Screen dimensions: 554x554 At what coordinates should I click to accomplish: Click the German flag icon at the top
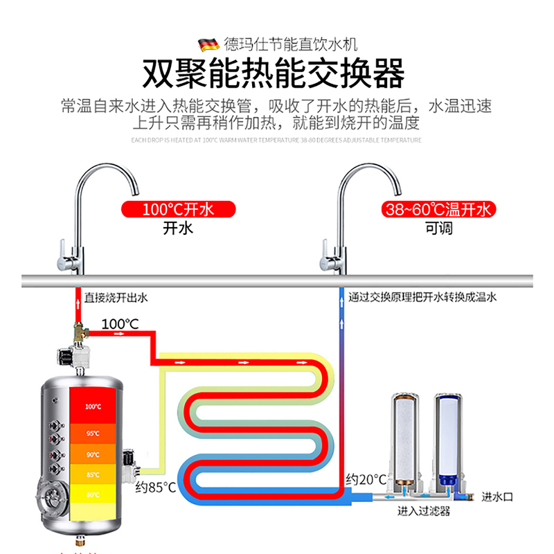coord(209,45)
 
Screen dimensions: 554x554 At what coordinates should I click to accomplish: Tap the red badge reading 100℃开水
coord(178,209)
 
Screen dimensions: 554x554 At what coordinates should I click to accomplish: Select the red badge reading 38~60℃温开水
coord(438,209)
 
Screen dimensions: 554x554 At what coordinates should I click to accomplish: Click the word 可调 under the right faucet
coord(438,228)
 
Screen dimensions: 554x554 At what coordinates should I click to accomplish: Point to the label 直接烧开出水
coord(116,298)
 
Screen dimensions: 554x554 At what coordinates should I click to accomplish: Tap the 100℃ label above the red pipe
coord(120,323)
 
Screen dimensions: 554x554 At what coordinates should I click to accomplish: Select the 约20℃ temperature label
coord(366,479)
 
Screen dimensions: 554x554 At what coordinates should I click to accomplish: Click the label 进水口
coord(497,497)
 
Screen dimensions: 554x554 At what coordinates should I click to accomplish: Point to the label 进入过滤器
coord(424,512)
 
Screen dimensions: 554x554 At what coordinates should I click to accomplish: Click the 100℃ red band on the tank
coord(93,406)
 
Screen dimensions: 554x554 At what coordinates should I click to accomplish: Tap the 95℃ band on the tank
coord(93,434)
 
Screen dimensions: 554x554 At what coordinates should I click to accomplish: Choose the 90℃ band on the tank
coord(93,454)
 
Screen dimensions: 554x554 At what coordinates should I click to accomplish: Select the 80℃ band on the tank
coord(93,494)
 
